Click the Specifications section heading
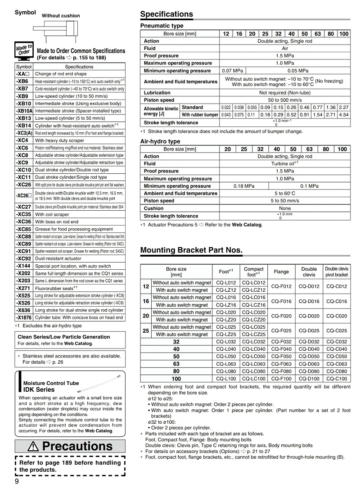point(166,14)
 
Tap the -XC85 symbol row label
point(23,229)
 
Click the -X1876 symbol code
point(24,317)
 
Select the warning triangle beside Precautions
point(35,446)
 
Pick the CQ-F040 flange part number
point(281,349)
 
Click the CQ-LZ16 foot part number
point(226,305)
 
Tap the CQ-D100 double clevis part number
point(309,379)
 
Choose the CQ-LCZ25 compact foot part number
point(254,335)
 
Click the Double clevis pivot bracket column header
point(336,271)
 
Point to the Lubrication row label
point(157,93)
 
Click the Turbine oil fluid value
point(284,164)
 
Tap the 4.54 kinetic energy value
point(344,115)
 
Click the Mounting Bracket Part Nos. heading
point(191,250)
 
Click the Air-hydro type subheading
point(160,141)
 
